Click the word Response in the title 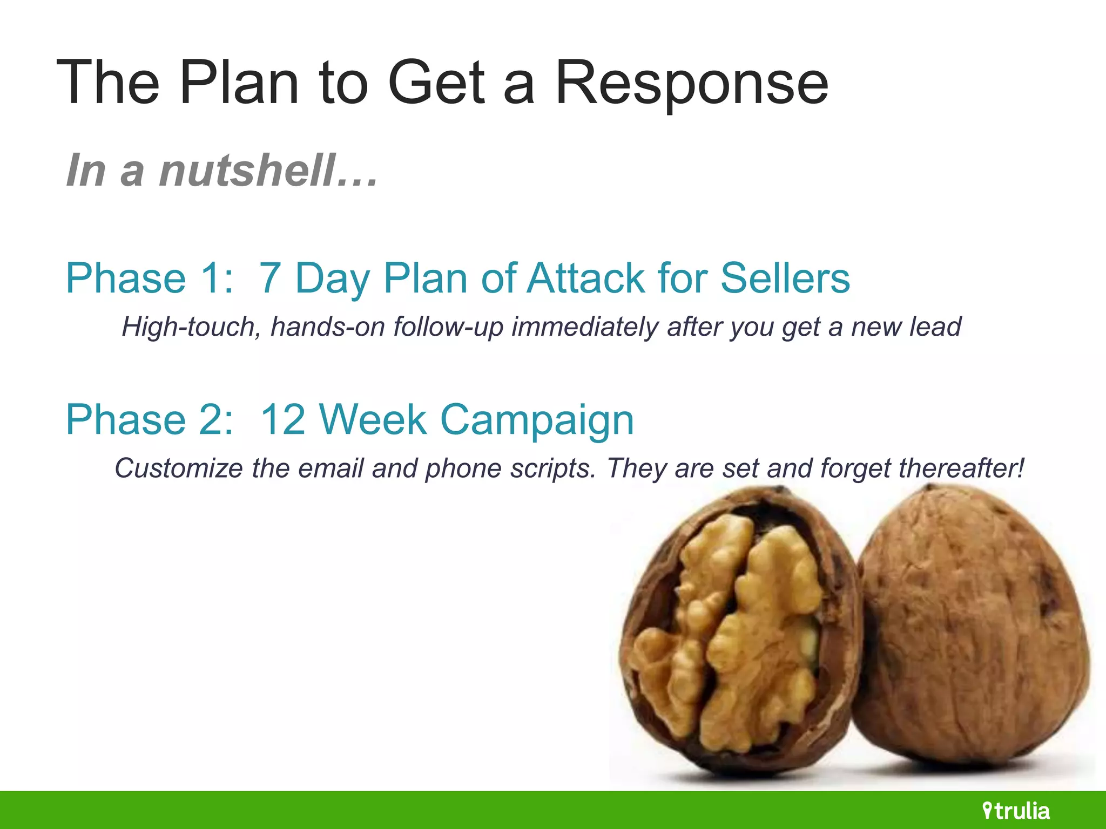pyautogui.click(x=691, y=84)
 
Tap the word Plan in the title pyautogui.click(x=239, y=84)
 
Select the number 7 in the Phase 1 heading pyautogui.click(x=269, y=278)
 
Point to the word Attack pyautogui.click(x=586, y=278)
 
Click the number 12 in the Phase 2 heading pyautogui.click(x=282, y=419)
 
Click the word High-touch pyautogui.click(x=192, y=327)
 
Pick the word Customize pyautogui.click(x=178, y=468)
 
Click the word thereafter pyautogui.click(x=961, y=468)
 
